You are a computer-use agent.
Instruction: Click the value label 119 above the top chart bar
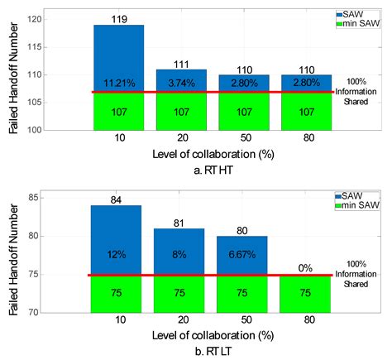pyautogui.click(x=118, y=18)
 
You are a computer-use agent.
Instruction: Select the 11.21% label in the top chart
pyautogui.click(x=118, y=83)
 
